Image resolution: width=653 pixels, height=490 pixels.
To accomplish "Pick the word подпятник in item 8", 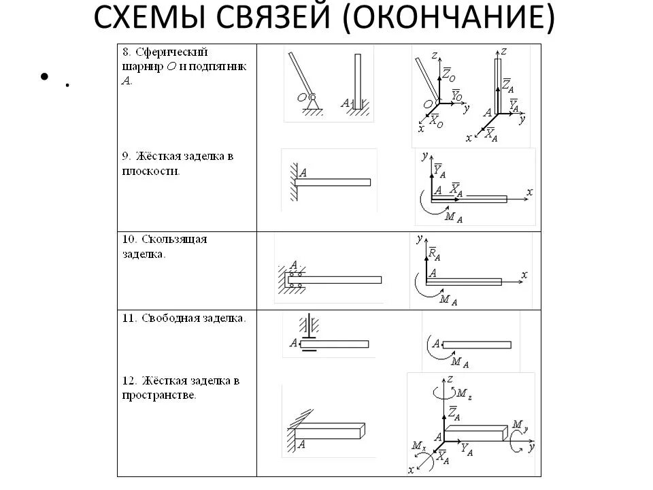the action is [x=224, y=67].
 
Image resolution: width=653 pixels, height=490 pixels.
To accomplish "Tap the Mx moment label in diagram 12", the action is [x=418, y=446].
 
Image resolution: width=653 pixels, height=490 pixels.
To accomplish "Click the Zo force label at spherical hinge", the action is [x=449, y=73].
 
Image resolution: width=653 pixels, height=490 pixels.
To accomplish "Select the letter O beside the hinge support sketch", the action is [x=300, y=98].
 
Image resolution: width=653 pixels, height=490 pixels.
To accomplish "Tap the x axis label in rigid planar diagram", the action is [x=529, y=192].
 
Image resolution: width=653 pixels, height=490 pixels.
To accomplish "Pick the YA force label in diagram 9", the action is [x=439, y=169].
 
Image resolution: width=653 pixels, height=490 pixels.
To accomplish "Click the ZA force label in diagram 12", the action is [x=454, y=412].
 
